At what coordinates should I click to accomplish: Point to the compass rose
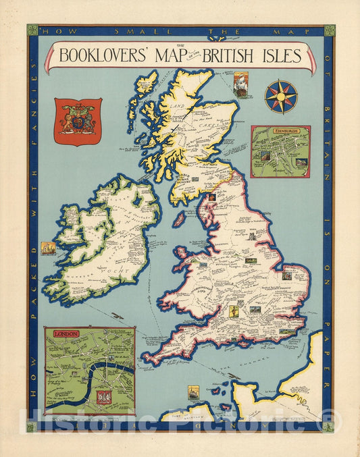(281, 96)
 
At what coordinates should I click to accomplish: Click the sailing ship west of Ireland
(48, 248)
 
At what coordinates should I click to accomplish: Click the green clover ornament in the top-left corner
(32, 30)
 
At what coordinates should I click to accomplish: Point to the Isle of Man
(179, 219)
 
